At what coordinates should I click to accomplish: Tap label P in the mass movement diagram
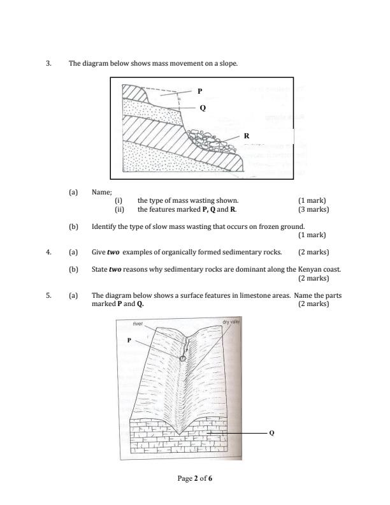[x=199, y=91]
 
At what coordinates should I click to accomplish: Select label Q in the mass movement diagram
[x=203, y=108]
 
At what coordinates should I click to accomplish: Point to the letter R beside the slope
[x=247, y=136]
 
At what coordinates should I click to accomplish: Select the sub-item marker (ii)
[x=119, y=209]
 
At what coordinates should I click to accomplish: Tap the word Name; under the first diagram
[x=102, y=191]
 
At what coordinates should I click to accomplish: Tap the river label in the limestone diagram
[x=138, y=323]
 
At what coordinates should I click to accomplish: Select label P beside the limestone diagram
[x=129, y=340]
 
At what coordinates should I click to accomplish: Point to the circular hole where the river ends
[x=182, y=358]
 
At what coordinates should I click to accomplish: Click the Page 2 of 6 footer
[x=194, y=478]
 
